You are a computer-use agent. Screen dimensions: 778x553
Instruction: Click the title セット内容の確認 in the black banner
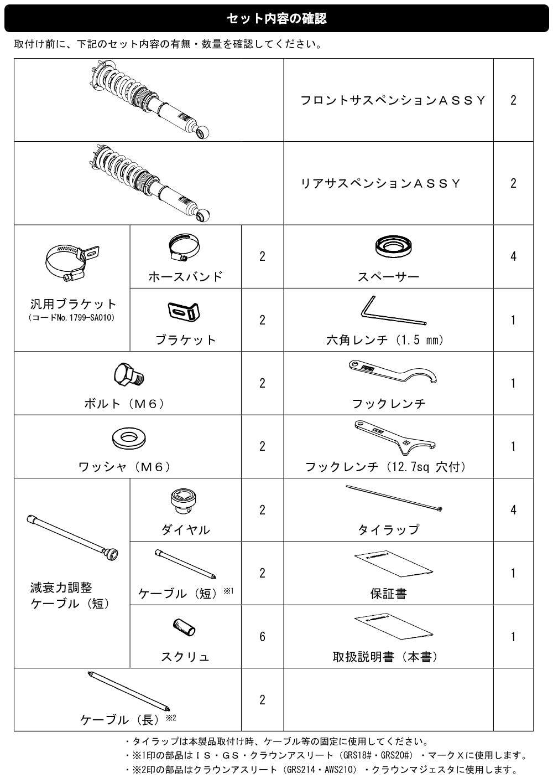tap(276, 19)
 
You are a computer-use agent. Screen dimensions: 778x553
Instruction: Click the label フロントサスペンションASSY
tap(393, 100)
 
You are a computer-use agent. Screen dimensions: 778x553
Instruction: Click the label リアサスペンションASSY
tap(380, 183)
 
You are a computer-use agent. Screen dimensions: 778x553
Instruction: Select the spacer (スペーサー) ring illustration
tap(393, 247)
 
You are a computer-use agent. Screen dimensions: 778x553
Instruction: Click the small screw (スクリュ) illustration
tap(184, 627)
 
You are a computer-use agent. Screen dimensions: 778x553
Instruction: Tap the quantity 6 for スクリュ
tap(262, 637)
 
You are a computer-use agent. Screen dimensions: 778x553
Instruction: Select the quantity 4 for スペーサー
tap(513, 256)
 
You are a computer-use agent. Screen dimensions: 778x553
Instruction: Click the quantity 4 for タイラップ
tap(513, 510)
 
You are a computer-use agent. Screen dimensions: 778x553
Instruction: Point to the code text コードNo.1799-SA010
tap(72, 318)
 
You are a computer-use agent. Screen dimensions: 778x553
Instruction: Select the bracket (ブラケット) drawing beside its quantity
tap(184, 311)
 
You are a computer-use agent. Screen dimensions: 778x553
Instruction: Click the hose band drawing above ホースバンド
tap(184, 246)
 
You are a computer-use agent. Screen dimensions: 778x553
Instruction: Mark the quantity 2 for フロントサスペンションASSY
tap(513, 100)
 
